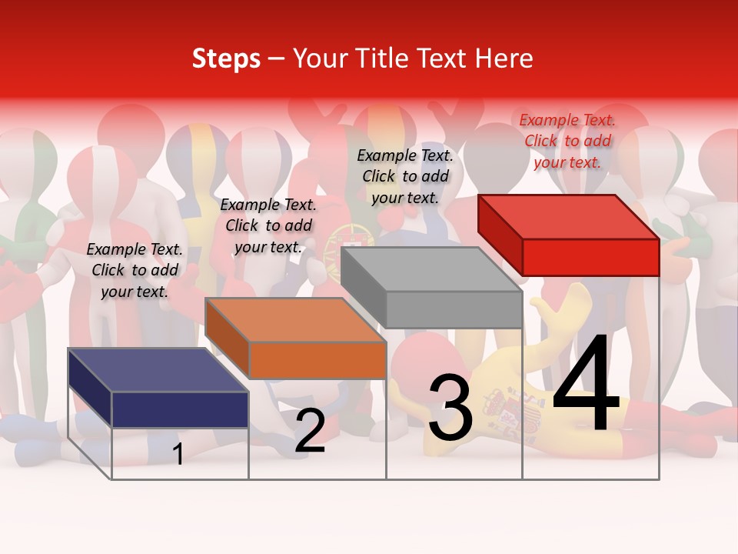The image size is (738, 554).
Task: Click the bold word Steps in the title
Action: pyautogui.click(x=226, y=58)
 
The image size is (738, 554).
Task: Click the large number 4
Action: pyautogui.click(x=586, y=385)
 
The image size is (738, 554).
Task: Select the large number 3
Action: pyautogui.click(x=450, y=408)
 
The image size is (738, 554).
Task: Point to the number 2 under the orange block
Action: pyautogui.click(x=310, y=431)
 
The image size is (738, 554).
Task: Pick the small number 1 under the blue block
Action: pyautogui.click(x=178, y=454)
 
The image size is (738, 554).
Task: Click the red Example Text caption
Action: pyautogui.click(x=567, y=141)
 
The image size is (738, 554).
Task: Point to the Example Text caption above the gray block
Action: pyautogui.click(x=405, y=176)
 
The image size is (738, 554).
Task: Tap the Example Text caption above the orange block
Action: pyautogui.click(x=268, y=225)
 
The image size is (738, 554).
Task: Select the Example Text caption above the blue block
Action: pyautogui.click(x=135, y=270)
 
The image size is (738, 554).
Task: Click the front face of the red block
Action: pyautogui.click(x=590, y=257)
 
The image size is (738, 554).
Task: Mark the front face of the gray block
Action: pyautogui.click(x=454, y=309)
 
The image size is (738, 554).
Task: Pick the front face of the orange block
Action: pyautogui.click(x=317, y=360)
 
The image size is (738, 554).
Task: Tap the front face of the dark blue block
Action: pyautogui.click(x=180, y=409)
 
